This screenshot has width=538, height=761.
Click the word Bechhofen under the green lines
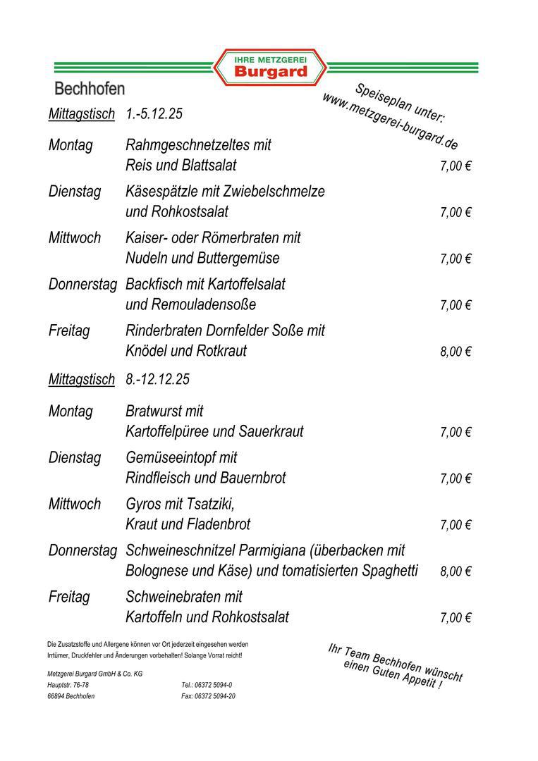click(x=90, y=89)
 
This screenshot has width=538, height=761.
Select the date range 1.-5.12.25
click(x=154, y=114)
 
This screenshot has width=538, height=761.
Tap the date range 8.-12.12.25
click(x=157, y=379)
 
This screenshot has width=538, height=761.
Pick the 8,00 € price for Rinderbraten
click(x=456, y=352)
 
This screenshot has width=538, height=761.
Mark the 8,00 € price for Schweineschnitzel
click(x=456, y=571)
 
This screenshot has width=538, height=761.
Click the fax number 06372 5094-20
click(x=214, y=696)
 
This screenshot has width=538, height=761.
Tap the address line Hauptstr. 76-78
click(x=68, y=685)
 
